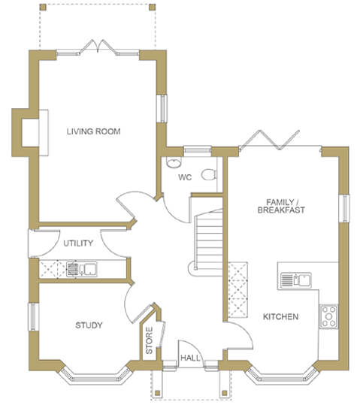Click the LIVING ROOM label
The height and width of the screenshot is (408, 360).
[x=93, y=131]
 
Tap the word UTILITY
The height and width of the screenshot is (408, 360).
[x=78, y=243]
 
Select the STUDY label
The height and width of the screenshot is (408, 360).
[x=89, y=325]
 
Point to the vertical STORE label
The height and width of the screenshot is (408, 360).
[x=149, y=340]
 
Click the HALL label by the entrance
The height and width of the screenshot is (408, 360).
[x=190, y=358]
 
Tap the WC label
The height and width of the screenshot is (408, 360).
[x=185, y=177]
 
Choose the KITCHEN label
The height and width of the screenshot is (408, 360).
[x=280, y=316]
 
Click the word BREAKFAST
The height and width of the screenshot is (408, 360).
[x=281, y=210]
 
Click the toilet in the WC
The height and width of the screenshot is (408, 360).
[x=209, y=174]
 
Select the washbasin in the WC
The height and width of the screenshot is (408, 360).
[x=174, y=162]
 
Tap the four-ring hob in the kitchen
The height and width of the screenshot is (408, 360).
[x=329, y=316]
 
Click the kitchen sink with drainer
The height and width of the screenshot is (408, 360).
[x=296, y=280]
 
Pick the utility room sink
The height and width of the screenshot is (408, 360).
[x=82, y=269]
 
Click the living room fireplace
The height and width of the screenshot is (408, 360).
[x=31, y=133]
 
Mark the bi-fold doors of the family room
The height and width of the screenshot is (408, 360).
[x=269, y=141]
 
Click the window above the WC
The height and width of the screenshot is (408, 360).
[x=198, y=151]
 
